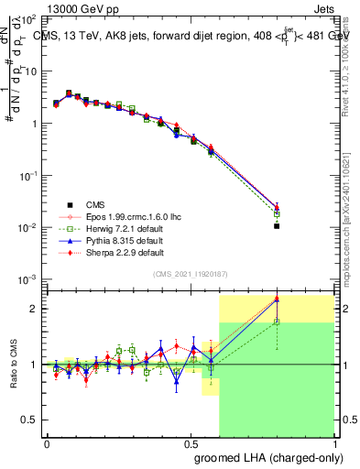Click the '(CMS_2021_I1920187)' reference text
[x=191, y=274]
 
